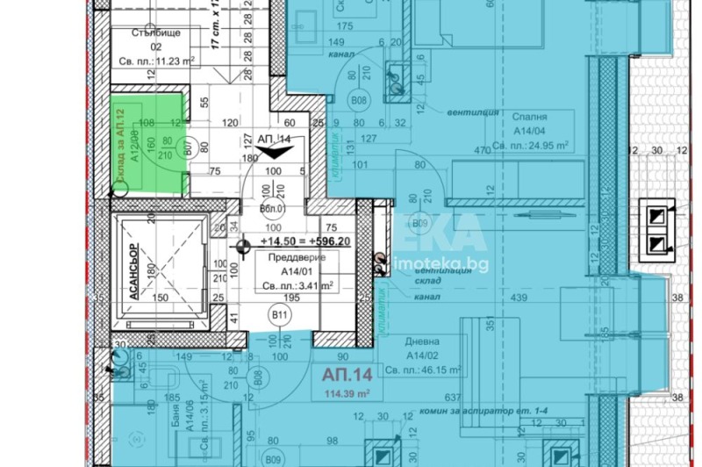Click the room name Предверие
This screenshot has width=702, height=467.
pos(296,258)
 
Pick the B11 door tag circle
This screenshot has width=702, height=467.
pos(280,314)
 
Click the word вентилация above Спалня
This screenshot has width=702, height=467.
pos(473,112)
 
